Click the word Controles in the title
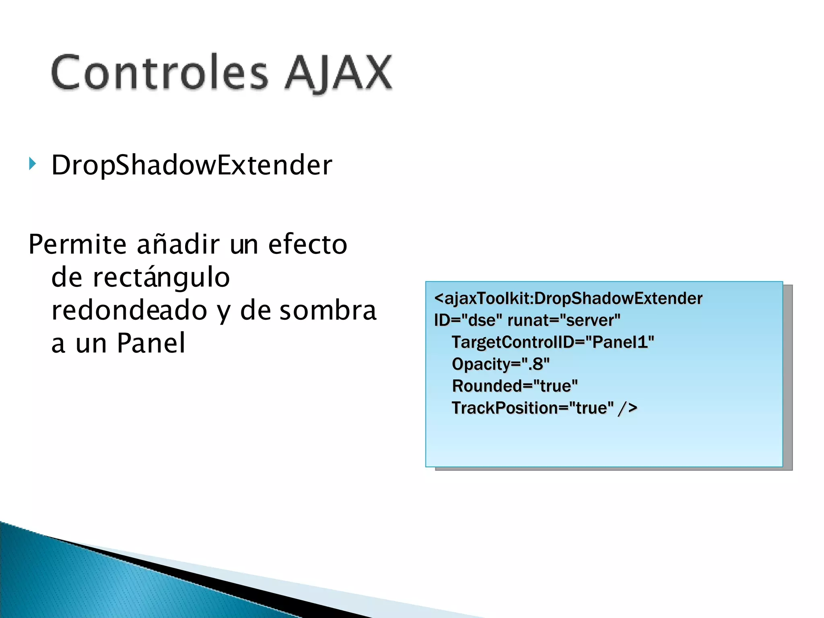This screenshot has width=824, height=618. pyautogui.click(x=159, y=72)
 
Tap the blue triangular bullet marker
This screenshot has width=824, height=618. pyautogui.click(x=33, y=164)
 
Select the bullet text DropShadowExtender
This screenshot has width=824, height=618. pyautogui.click(x=192, y=165)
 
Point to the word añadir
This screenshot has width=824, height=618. pyautogui.click(x=178, y=244)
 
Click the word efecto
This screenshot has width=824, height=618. pyautogui.click(x=307, y=244)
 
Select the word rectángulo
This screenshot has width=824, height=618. pyautogui.click(x=161, y=278)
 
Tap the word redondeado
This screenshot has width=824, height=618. pyautogui.click(x=129, y=311)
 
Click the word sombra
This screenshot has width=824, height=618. pyautogui.click(x=328, y=311)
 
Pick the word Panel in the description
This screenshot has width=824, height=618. pyautogui.click(x=151, y=343)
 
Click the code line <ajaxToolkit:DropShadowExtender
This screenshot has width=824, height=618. pyautogui.click(x=568, y=299)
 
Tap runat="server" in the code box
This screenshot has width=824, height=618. pyautogui.click(x=564, y=320)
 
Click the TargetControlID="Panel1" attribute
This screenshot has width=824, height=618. pyautogui.click(x=553, y=342)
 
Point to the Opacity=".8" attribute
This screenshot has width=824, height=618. pyautogui.click(x=501, y=364)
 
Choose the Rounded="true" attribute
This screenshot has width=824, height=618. pyautogui.click(x=515, y=386)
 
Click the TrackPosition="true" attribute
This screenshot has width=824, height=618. pyautogui.click(x=532, y=408)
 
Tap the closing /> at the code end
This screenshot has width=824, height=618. pyautogui.click(x=628, y=408)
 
